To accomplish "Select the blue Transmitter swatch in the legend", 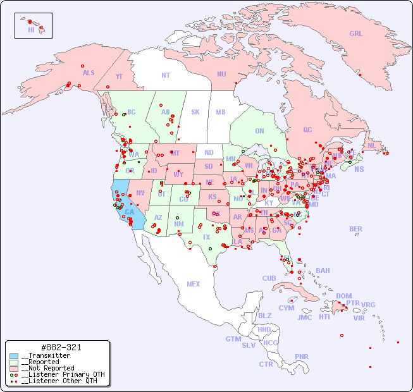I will pyautogui.click(x=13, y=356).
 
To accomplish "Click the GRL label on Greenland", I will pyautogui.click(x=356, y=34).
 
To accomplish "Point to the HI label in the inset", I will pyautogui.click(x=31, y=30).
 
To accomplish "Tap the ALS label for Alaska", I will pyautogui.click(x=89, y=73).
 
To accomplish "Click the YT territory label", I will pyautogui.click(x=119, y=77).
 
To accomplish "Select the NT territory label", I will pyautogui.click(x=165, y=75).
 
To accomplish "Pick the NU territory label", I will pyautogui.click(x=221, y=74).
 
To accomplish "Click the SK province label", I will pyautogui.click(x=195, y=112).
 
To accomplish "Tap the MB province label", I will pyautogui.click(x=220, y=112).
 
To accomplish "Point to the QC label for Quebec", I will pyautogui.click(x=307, y=130).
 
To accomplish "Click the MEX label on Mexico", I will pyautogui.click(x=194, y=284).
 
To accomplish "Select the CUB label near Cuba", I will pyautogui.click(x=269, y=278).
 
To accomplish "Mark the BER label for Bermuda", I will pyautogui.click(x=355, y=229).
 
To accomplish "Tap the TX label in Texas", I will pyautogui.click(x=206, y=237).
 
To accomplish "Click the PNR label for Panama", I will pyautogui.click(x=302, y=357).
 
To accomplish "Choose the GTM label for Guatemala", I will pyautogui.click(x=233, y=339).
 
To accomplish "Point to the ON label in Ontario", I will pyautogui.click(x=259, y=132).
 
